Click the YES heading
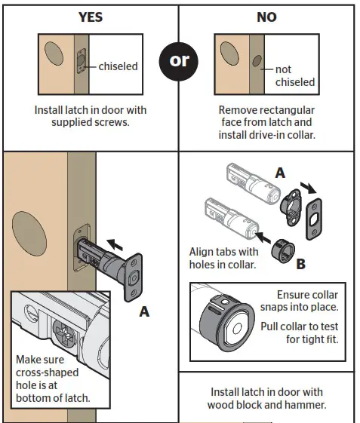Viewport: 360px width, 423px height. coord(90,17)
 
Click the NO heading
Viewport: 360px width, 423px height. coord(266,17)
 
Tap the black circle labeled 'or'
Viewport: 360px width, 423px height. coord(180,60)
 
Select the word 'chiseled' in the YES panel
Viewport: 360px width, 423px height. coord(118,66)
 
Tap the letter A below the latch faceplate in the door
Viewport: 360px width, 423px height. coord(143,311)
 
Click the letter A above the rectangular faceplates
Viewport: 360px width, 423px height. coord(280,173)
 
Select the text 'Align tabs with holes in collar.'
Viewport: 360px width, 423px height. coord(223,259)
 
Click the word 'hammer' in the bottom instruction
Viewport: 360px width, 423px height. coord(307,405)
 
